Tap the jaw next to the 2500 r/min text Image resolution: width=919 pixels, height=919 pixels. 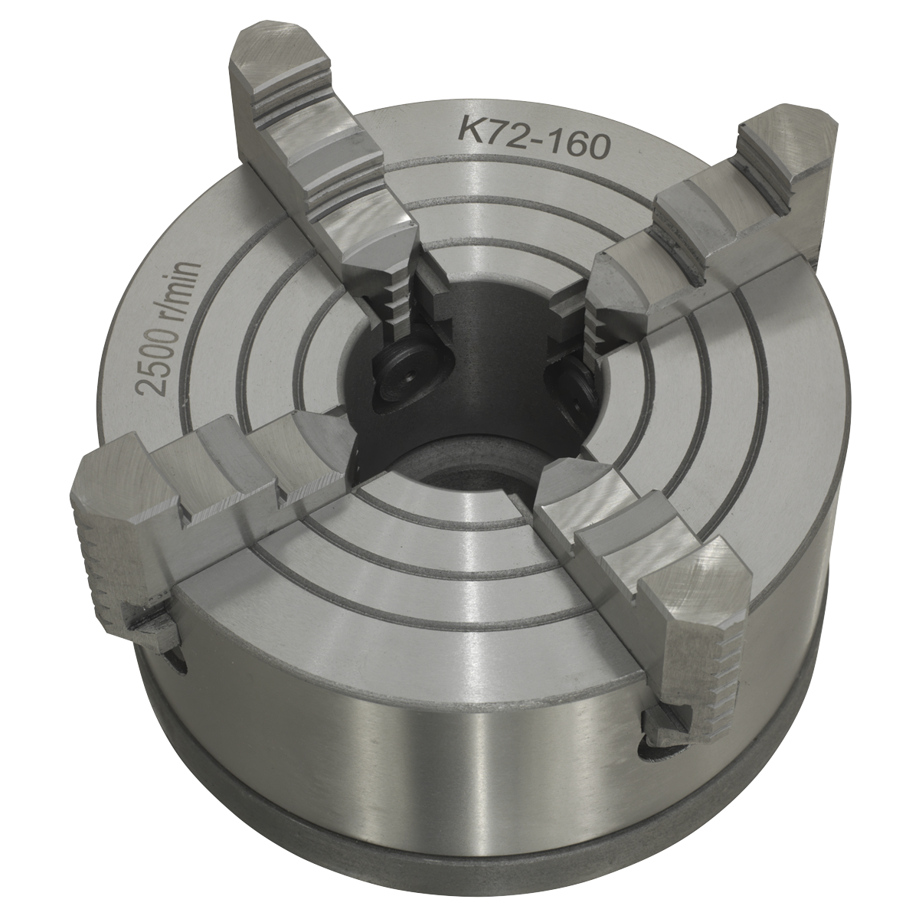(191, 490)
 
